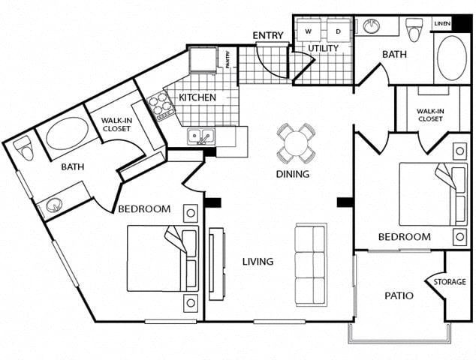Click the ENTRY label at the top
click(x=267, y=35)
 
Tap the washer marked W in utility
click(x=308, y=31)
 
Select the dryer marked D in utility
click(x=338, y=31)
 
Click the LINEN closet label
click(x=441, y=24)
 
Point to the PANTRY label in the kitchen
click(x=227, y=58)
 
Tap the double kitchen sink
click(x=200, y=136)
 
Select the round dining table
click(x=296, y=142)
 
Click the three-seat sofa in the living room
click(x=310, y=264)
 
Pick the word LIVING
click(x=258, y=262)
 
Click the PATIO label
click(x=399, y=295)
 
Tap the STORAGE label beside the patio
click(x=449, y=282)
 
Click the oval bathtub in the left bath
click(x=67, y=133)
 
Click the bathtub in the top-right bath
click(x=451, y=58)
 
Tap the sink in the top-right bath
click(x=372, y=27)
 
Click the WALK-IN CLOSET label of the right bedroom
click(x=430, y=115)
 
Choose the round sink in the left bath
click(x=54, y=204)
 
